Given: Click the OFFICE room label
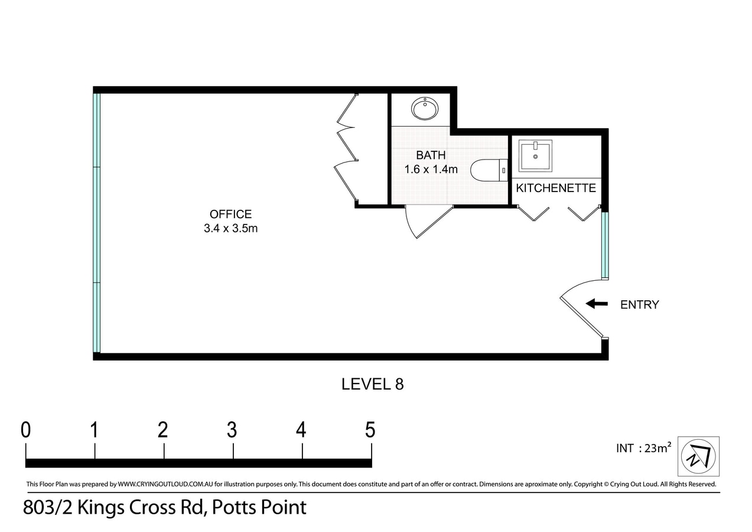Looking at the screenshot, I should (x=230, y=215).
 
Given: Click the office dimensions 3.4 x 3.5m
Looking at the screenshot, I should (x=230, y=229).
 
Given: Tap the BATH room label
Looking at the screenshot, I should (x=431, y=155).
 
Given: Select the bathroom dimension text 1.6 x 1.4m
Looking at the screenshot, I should (x=431, y=170).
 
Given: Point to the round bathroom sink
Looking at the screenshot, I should (x=425, y=109).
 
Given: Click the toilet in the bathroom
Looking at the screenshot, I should (x=488, y=170).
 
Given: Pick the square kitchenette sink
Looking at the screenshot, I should (x=535, y=156).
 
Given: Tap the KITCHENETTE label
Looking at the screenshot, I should (x=556, y=188).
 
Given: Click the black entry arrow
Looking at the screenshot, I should (x=597, y=304).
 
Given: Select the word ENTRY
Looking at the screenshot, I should (x=639, y=305).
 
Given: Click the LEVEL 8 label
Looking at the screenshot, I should (x=372, y=384).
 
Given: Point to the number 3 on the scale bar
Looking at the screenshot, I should (x=232, y=430).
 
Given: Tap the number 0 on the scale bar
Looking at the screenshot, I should (x=25, y=430).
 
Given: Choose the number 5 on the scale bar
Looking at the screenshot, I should (x=370, y=430).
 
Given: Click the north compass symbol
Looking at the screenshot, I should (x=698, y=456).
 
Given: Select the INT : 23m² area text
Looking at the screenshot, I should (x=643, y=448).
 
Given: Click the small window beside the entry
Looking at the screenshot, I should (x=605, y=245).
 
